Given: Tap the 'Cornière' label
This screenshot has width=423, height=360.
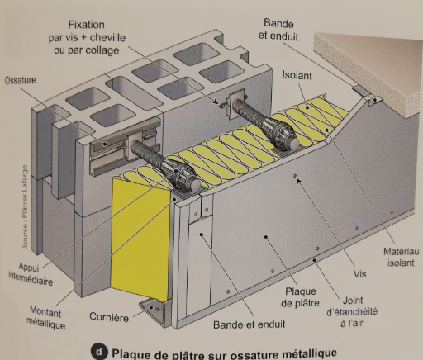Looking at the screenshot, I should (x=107, y=317).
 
